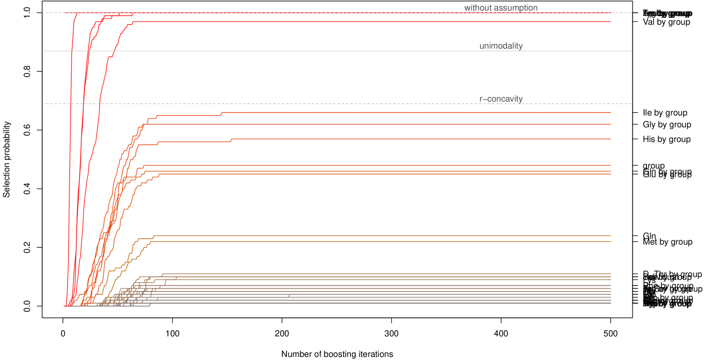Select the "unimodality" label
coord(501,46)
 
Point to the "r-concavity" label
coord(501,99)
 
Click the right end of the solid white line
coord(632,51)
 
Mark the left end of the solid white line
coord(43,51)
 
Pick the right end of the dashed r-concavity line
coord(632,104)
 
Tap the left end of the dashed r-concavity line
coord(43,104)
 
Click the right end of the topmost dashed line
coord(632,12)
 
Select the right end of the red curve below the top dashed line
coord(611,22)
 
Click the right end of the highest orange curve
coord(611,112)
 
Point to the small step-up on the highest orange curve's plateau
coord(221,113)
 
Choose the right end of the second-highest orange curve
coord(611,124)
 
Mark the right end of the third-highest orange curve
coord(611,139)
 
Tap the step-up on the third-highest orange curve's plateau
coord(231,140)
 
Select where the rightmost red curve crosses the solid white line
coord(114,51)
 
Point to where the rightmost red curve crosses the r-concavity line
coord(99,104)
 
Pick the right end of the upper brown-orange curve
coord(611,236)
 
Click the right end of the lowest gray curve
coord(611,303)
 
